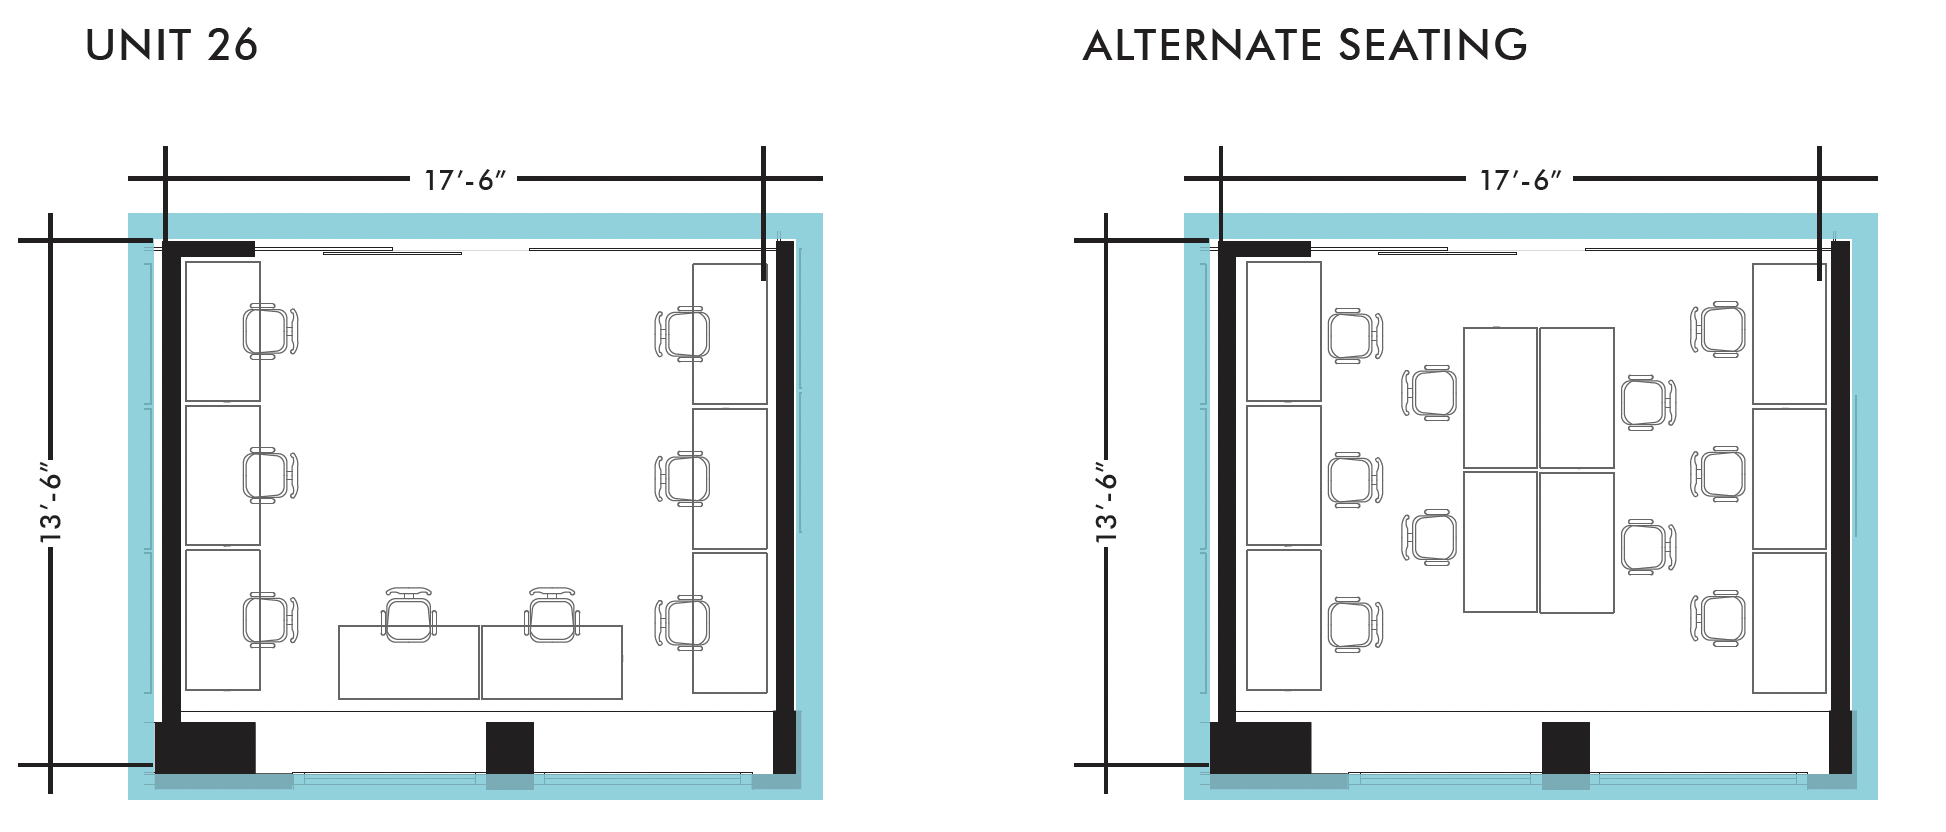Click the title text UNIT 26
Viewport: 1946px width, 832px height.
coord(171,46)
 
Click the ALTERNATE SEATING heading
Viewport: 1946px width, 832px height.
coord(1305,46)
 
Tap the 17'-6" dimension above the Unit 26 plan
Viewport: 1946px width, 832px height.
coord(465,180)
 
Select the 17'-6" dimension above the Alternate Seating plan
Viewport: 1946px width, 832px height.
coord(1520,180)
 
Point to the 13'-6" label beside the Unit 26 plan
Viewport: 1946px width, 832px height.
coord(50,503)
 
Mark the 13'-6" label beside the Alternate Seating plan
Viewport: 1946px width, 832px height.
coord(1106,503)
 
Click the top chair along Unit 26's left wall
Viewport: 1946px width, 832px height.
coord(269,331)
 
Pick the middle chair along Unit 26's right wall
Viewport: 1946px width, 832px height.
coord(683,478)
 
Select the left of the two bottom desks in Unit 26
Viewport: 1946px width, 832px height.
coord(408,662)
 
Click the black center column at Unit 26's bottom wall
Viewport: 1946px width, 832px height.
coord(510,747)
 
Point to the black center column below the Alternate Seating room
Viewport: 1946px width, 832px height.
coord(1565,747)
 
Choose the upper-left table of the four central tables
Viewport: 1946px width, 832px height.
coord(1500,398)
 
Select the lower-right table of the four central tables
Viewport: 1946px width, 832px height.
coord(1577,542)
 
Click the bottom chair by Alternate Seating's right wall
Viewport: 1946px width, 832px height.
coord(1718,619)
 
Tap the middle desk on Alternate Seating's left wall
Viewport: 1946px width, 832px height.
coord(1284,476)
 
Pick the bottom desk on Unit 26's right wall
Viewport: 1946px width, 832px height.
coord(730,622)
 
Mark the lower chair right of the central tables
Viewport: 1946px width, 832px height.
coord(1647,547)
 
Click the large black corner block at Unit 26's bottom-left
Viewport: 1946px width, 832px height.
coord(205,747)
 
